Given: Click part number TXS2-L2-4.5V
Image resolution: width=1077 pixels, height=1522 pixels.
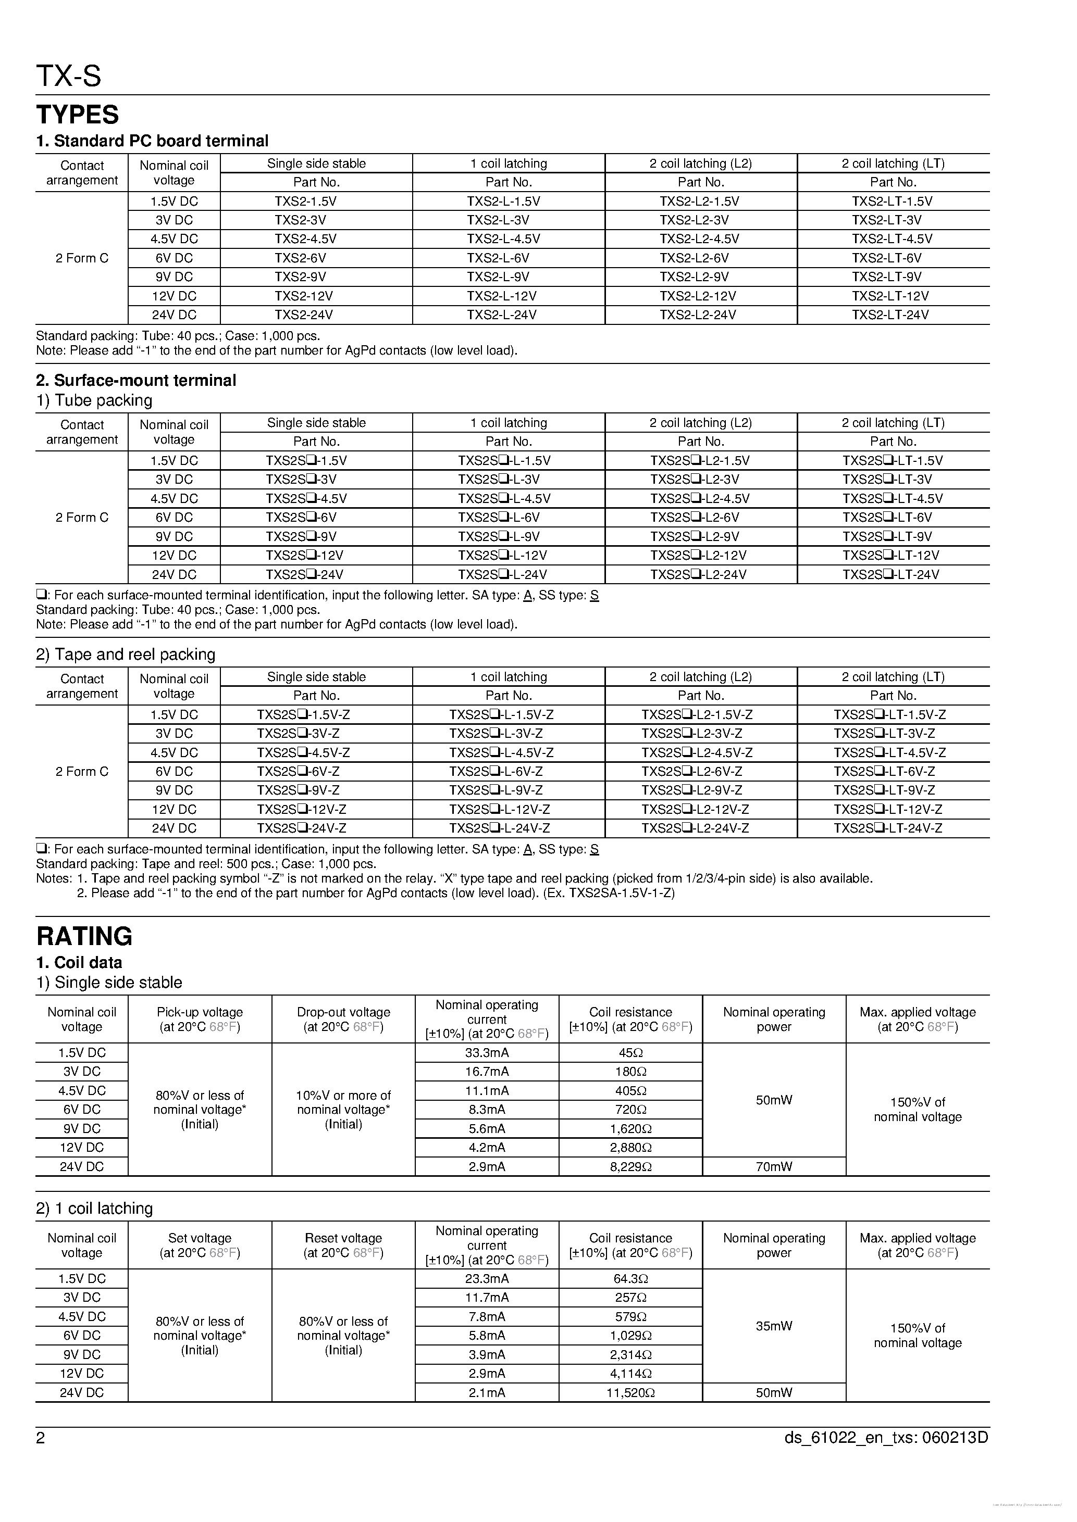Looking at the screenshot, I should point(700,238).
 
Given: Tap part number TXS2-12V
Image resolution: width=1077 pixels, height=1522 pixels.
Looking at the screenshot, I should point(304,296).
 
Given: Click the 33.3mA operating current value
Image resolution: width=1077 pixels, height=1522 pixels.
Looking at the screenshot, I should point(487,1053).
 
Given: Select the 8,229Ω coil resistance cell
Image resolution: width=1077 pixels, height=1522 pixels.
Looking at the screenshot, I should point(630,1167).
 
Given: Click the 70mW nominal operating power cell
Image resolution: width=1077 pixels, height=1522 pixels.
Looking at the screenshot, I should point(774,1167).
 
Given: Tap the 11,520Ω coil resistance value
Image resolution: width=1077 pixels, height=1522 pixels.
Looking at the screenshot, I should point(630,1393).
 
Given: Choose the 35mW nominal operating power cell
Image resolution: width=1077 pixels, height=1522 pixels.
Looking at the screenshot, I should point(774,1326).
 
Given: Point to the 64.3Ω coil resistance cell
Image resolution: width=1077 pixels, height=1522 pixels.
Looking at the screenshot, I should point(630,1279).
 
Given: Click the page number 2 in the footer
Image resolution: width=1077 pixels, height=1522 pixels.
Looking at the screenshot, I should point(41,1438).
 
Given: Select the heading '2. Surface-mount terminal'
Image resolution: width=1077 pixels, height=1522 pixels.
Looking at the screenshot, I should point(136,381).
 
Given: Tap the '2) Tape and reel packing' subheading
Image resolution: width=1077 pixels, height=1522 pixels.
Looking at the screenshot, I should point(126,655).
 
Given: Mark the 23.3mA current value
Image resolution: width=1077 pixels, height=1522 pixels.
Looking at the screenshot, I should point(487,1279).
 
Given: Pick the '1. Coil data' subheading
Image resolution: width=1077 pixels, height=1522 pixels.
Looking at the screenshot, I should point(79,963).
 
